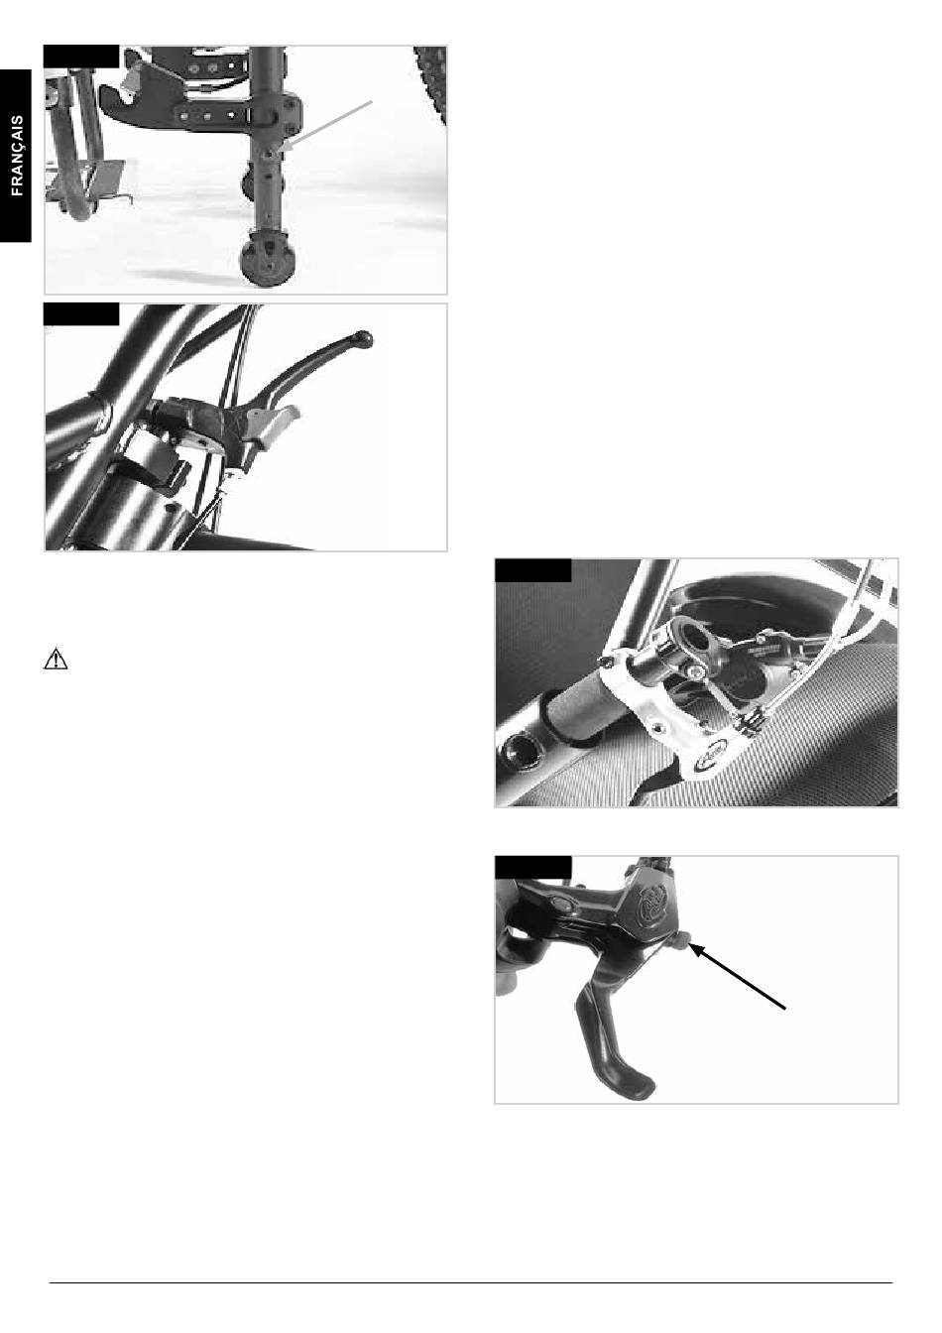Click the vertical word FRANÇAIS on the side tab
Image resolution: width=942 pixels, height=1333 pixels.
(x=17, y=156)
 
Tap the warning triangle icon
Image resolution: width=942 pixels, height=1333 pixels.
(x=56, y=659)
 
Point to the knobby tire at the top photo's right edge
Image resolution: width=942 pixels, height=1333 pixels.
(x=430, y=83)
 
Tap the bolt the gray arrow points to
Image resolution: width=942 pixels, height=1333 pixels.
(x=272, y=154)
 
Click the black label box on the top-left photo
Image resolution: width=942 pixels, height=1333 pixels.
(x=81, y=56)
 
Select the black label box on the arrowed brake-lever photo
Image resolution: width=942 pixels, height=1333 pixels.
(x=533, y=867)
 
